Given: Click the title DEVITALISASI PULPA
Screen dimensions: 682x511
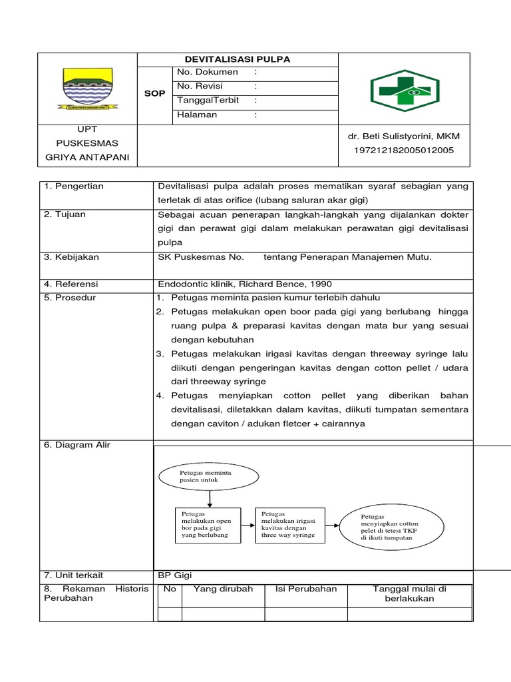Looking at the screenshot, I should tap(238, 59).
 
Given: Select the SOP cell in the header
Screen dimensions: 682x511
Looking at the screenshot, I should tap(154, 94).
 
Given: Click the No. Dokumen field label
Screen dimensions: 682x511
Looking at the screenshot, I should tap(207, 72).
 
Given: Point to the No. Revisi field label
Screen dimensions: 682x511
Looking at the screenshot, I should tap(200, 86).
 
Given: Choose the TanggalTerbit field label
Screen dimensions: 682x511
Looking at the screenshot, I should tap(208, 100).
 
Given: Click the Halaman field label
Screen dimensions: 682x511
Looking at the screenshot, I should tap(197, 115).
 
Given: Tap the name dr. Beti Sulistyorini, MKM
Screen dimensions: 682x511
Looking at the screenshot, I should tap(404, 137).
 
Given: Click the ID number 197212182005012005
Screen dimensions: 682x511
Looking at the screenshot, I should tap(404, 151).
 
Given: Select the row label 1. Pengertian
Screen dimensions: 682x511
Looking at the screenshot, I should tap(74, 186).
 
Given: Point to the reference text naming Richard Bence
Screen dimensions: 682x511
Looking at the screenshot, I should tap(244, 284).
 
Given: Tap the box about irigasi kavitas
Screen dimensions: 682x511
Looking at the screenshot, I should tap(290, 524).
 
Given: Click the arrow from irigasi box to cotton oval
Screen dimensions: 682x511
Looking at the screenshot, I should tap(332, 525).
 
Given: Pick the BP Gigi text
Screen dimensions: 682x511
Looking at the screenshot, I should tap(174, 575).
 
